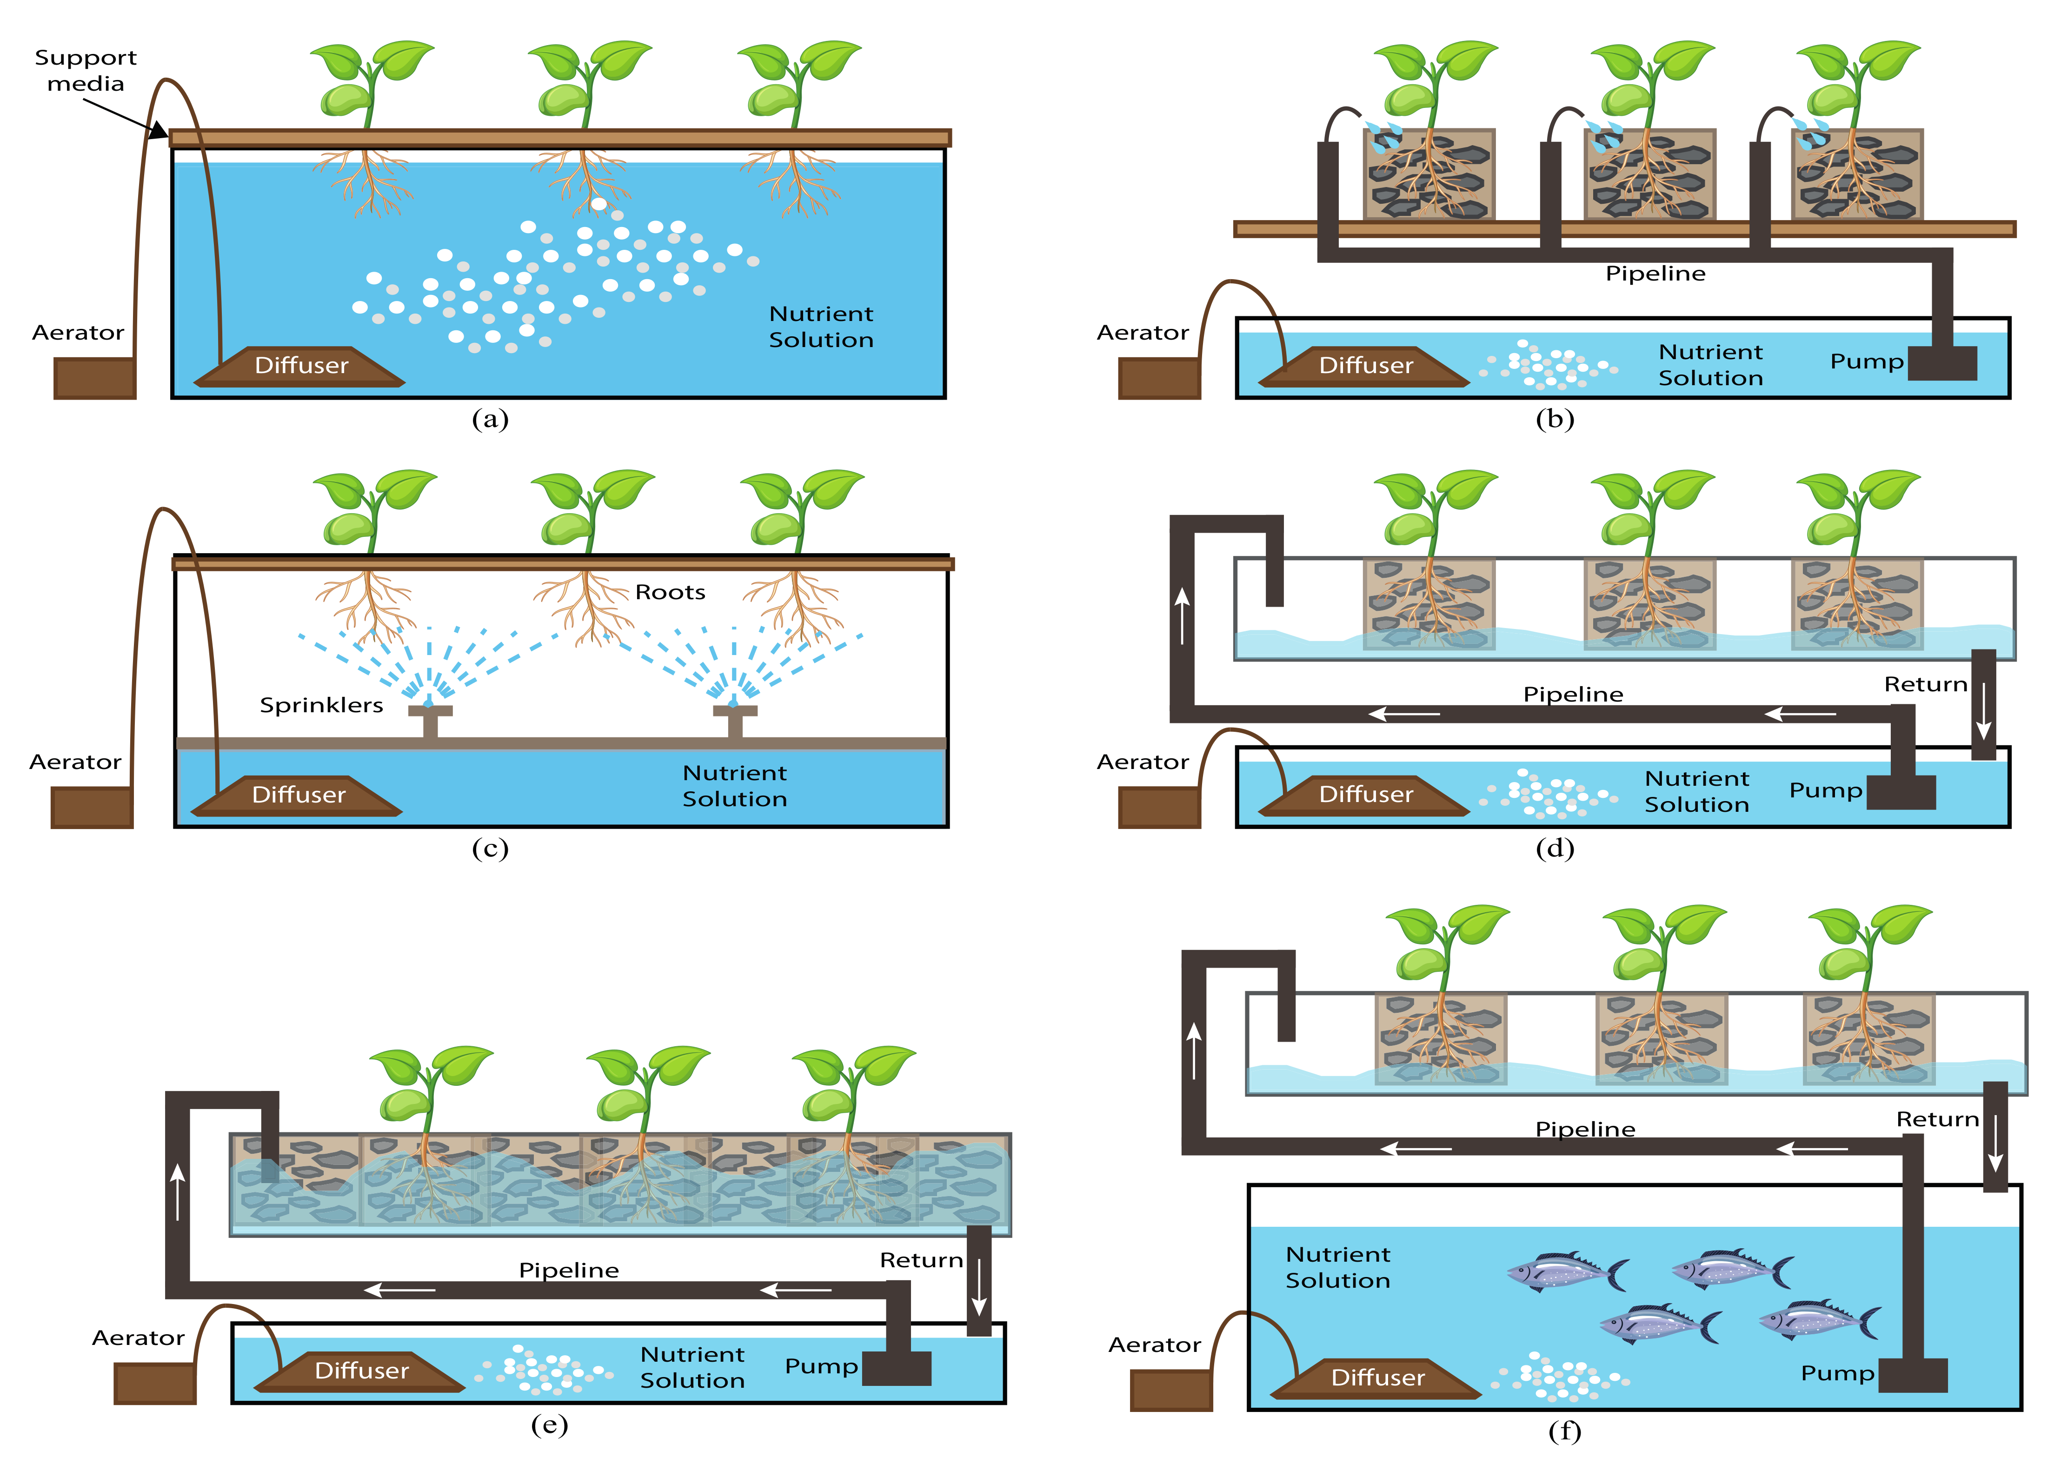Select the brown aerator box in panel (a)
click(x=94, y=378)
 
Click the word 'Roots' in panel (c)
click(x=670, y=593)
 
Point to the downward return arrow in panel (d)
click(x=1983, y=709)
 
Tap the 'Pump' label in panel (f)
click(x=1837, y=1374)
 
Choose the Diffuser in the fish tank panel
click(x=1377, y=1378)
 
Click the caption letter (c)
click(x=490, y=849)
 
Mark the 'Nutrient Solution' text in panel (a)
click(x=821, y=327)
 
